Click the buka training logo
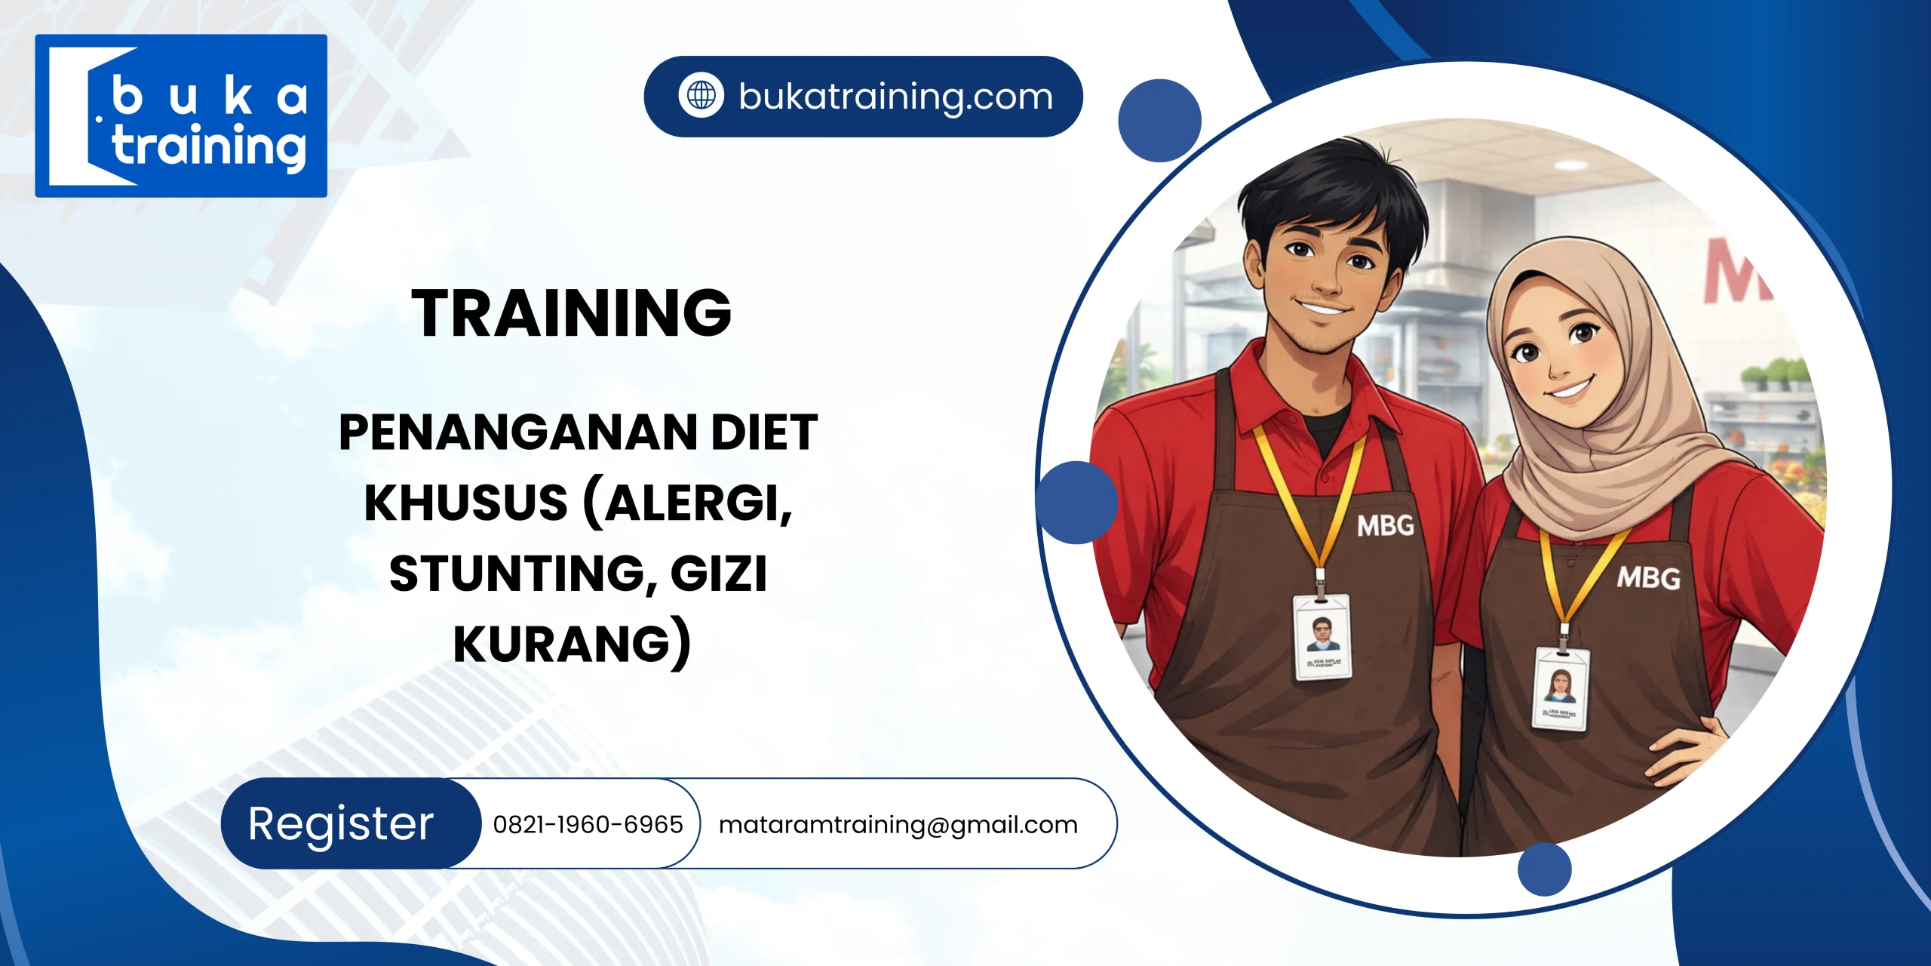click(181, 116)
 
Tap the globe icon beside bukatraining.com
click(701, 96)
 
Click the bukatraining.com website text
click(895, 97)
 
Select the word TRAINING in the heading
click(572, 313)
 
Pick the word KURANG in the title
click(562, 644)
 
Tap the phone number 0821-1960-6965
click(588, 824)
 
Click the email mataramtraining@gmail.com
click(898, 824)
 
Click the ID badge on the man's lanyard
click(1322, 636)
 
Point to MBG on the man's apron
click(1385, 526)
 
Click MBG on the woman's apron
click(1648, 578)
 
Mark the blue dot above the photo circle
click(1159, 121)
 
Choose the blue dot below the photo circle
click(1544, 869)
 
